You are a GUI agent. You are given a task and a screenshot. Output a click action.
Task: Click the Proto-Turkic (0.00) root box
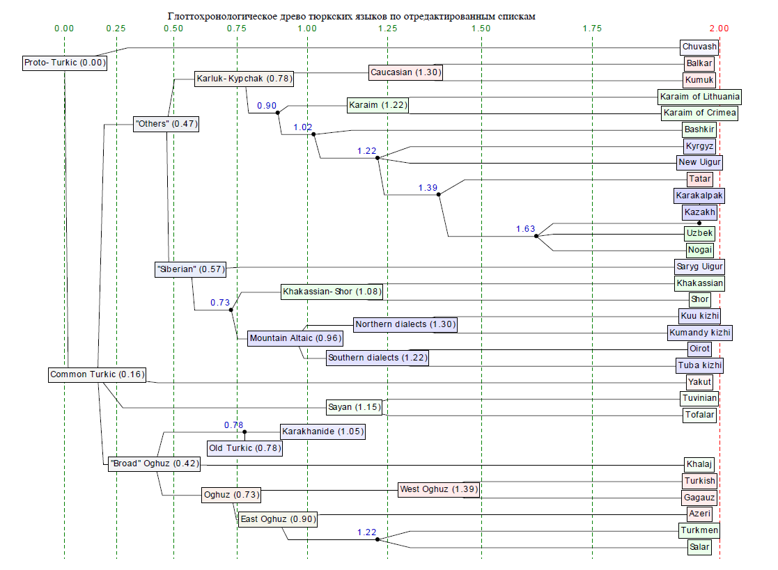pyautogui.click(x=64, y=63)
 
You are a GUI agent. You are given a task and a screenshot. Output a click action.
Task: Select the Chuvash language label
pyautogui.click(x=699, y=47)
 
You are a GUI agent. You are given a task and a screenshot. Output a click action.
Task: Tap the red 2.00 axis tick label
pyautogui.click(x=719, y=29)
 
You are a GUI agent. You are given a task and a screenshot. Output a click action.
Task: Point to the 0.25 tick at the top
pyautogui.click(x=116, y=29)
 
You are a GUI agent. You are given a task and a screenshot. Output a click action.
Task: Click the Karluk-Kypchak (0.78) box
pyautogui.click(x=244, y=79)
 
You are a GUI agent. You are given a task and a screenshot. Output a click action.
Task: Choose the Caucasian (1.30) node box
pyautogui.click(x=405, y=72)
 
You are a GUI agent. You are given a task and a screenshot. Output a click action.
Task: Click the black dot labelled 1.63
pyautogui.click(x=536, y=237)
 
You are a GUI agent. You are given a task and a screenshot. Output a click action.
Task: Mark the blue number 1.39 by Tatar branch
pyautogui.click(x=428, y=188)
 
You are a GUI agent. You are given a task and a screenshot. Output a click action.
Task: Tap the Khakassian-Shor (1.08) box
pyautogui.click(x=332, y=292)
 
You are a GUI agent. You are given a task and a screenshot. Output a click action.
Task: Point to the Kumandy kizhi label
pyautogui.click(x=699, y=333)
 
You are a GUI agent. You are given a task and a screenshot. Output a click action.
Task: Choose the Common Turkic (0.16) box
pyautogui.click(x=98, y=374)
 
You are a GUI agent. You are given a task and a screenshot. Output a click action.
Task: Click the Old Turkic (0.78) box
pyautogui.click(x=244, y=448)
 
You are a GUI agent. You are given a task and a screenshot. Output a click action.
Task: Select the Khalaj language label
pyautogui.click(x=699, y=464)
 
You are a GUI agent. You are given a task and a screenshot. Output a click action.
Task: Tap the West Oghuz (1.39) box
pyautogui.click(x=439, y=489)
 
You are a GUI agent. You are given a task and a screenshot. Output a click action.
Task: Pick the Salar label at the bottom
pyautogui.click(x=699, y=546)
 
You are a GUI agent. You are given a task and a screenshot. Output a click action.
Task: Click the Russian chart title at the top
pyautogui.click(x=352, y=15)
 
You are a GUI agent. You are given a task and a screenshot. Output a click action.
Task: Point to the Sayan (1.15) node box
pyautogui.click(x=355, y=406)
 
